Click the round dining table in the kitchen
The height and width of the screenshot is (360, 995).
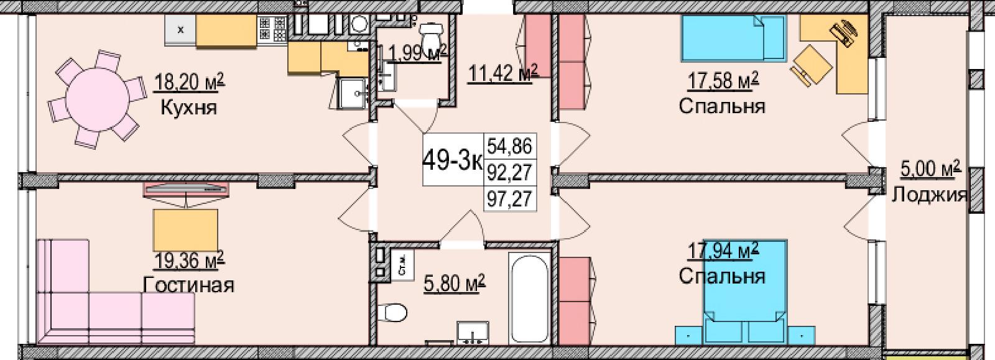pyautogui.click(x=98, y=98)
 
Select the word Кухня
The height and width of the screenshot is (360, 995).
pyautogui.click(x=189, y=107)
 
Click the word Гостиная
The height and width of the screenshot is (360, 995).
pyautogui.click(x=189, y=285)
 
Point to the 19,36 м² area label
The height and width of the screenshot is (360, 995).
pyautogui.click(x=189, y=261)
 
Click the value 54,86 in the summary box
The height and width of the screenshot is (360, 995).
pyautogui.click(x=510, y=145)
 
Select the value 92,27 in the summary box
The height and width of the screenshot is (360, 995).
pyautogui.click(x=510, y=172)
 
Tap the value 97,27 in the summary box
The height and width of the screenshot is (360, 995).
pyautogui.click(x=510, y=198)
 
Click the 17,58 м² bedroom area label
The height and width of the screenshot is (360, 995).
pyautogui.click(x=723, y=81)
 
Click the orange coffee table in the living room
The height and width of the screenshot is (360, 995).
pyautogui.click(x=185, y=231)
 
